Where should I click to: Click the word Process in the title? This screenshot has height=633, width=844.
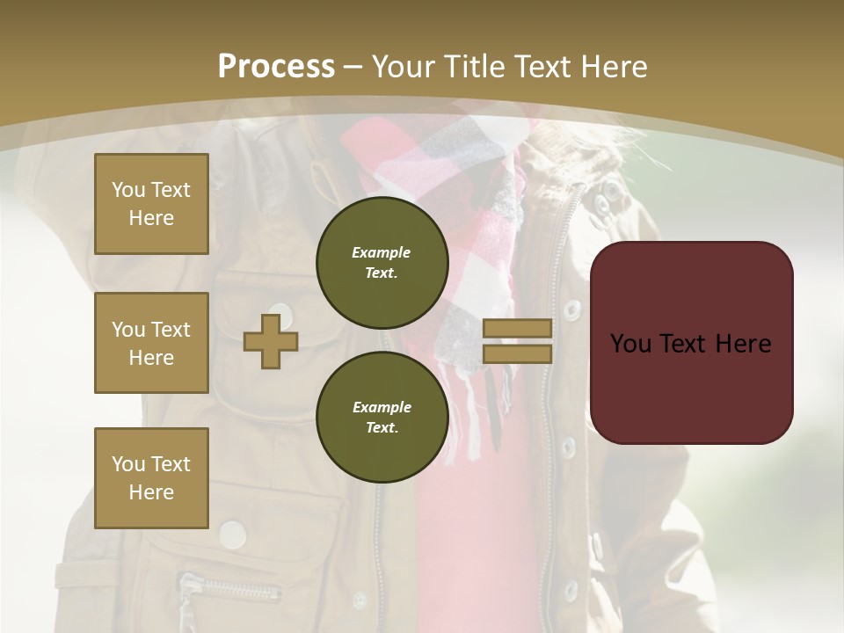(x=276, y=67)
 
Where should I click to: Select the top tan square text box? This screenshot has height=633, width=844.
(x=151, y=204)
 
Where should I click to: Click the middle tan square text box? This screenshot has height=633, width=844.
(x=151, y=343)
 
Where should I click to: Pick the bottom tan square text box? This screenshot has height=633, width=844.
(x=151, y=477)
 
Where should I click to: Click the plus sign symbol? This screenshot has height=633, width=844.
(x=271, y=341)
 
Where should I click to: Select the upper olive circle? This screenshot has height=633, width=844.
(x=382, y=262)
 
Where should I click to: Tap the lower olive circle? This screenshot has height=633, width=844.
(x=382, y=417)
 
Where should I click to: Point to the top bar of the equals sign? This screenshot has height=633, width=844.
(x=518, y=328)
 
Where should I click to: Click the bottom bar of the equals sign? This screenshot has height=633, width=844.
(x=518, y=353)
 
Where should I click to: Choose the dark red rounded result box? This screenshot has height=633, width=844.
(x=692, y=342)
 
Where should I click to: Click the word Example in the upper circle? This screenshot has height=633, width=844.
(x=381, y=252)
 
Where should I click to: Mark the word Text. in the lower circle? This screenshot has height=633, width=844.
(x=382, y=428)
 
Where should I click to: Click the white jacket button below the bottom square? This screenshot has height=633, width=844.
(x=232, y=533)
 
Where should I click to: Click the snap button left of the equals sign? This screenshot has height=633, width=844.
(x=572, y=309)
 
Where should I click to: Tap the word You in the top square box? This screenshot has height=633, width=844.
(x=127, y=190)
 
